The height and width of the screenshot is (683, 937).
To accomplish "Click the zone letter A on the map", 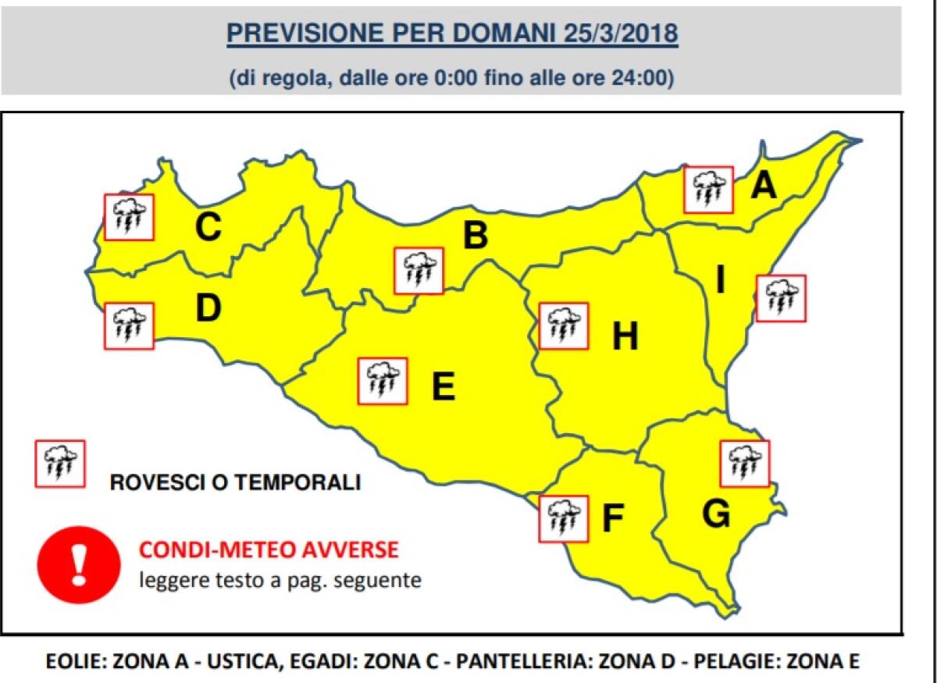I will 764,187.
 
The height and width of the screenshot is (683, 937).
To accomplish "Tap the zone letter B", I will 475,236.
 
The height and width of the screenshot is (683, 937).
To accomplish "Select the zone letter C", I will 208,228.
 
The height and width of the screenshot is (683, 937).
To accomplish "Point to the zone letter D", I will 208,309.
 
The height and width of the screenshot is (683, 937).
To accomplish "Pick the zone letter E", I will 443,387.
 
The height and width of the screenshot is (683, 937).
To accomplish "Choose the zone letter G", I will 716,514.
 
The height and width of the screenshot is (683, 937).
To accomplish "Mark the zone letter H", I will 625,337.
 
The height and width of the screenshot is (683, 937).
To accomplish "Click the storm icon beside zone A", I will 708,190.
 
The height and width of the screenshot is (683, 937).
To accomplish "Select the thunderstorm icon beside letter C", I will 129,217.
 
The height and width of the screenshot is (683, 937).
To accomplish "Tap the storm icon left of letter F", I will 563,518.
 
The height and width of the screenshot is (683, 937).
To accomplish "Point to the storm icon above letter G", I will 744,464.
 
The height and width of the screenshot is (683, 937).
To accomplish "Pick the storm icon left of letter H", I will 562,325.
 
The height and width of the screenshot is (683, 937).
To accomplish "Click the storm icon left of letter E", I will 382,381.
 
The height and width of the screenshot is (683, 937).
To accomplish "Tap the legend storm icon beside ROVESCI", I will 60,464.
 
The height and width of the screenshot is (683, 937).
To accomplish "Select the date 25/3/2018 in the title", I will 619,34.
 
